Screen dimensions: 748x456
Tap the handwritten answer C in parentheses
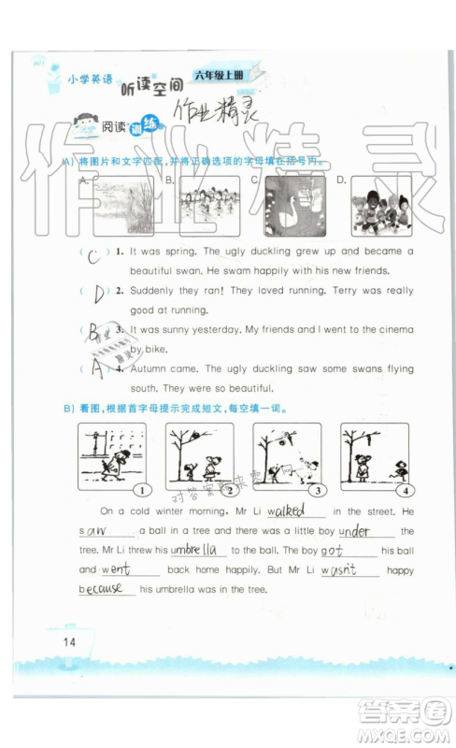pyautogui.click(x=94, y=257)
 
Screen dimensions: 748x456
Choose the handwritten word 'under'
pyautogui.click(x=355, y=531)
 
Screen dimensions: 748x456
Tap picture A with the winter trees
pyautogui.click(x=121, y=207)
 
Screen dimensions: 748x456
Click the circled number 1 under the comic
pyautogui.click(x=141, y=491)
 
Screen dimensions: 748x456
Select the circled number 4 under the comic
pyautogui.click(x=404, y=491)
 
